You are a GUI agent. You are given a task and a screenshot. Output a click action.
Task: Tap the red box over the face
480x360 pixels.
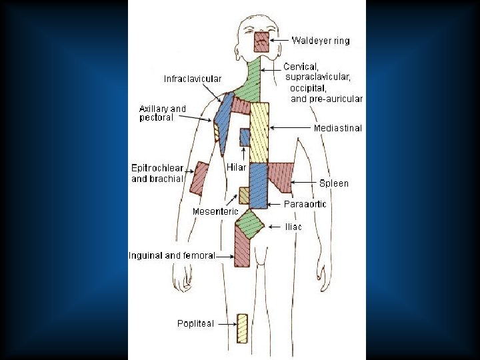coord(261,41)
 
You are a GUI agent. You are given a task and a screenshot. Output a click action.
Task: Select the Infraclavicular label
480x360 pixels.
coord(193,79)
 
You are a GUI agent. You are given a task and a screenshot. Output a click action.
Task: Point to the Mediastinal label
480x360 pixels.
coord(337,128)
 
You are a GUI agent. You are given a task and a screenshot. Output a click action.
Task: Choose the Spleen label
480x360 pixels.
coord(333,183)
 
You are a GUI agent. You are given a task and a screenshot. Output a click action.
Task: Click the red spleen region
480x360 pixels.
coord(281,177)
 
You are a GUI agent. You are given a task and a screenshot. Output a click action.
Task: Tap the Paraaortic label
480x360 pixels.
coord(305,204)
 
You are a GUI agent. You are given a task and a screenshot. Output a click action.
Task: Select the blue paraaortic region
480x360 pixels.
coord(258,185)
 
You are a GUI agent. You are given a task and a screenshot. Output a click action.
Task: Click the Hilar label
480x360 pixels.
coord(237,167)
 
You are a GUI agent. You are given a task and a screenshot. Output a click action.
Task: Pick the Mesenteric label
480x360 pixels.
coord(215,211)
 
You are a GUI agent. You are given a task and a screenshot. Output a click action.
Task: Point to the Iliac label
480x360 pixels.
coord(293,227)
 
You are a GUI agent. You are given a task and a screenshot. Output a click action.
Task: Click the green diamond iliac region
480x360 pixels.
coord(250,223)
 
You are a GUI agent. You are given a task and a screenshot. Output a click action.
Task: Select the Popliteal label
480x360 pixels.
coord(195,323)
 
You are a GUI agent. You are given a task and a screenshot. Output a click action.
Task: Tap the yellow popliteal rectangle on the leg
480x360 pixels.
coord(242,327)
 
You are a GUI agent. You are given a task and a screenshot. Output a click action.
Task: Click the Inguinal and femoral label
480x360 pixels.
coord(171,255)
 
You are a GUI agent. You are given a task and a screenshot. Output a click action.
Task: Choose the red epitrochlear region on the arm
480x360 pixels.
coord(199,178)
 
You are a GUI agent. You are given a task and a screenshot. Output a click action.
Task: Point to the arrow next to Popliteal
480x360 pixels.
coord(227,324)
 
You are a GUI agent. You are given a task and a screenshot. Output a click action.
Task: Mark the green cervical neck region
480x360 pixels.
coord(250,83)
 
